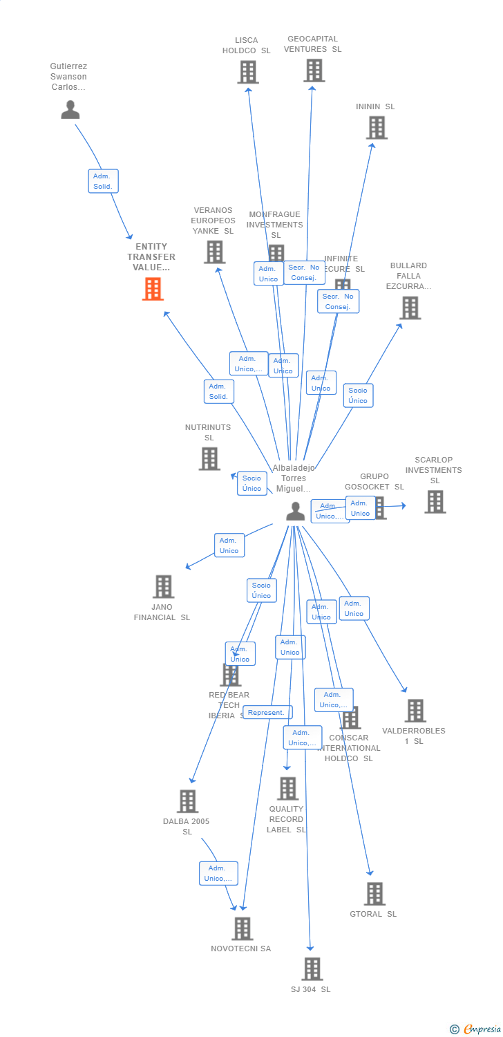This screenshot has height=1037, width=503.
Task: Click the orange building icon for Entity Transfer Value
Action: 153,289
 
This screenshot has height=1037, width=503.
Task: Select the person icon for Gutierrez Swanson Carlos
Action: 70,109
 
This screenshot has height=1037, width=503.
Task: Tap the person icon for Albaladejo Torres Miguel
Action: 295,511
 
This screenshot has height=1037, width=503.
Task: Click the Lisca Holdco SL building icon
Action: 247,72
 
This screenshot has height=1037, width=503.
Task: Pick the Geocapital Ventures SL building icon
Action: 314,71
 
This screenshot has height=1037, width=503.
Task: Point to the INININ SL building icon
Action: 377,128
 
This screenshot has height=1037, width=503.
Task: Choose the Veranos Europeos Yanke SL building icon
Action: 214,252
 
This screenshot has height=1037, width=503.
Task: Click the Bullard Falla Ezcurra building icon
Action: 410,308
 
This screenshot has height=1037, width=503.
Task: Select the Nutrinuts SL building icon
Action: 209,458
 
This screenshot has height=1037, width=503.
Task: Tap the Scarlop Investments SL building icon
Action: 435,502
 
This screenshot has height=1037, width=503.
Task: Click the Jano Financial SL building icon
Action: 163,586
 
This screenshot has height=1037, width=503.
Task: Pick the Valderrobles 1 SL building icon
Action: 415,710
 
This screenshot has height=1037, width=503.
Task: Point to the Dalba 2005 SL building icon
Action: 187,801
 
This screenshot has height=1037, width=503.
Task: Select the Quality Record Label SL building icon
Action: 287,788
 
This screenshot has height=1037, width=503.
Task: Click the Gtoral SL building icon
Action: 374,894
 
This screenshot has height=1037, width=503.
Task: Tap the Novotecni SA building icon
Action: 242,928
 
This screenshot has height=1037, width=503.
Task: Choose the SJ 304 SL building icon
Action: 312,969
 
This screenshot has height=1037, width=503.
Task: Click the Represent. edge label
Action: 267,712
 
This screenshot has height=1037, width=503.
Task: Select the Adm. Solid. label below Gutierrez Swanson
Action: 103,181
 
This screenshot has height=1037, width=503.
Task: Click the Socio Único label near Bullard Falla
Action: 358,395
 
